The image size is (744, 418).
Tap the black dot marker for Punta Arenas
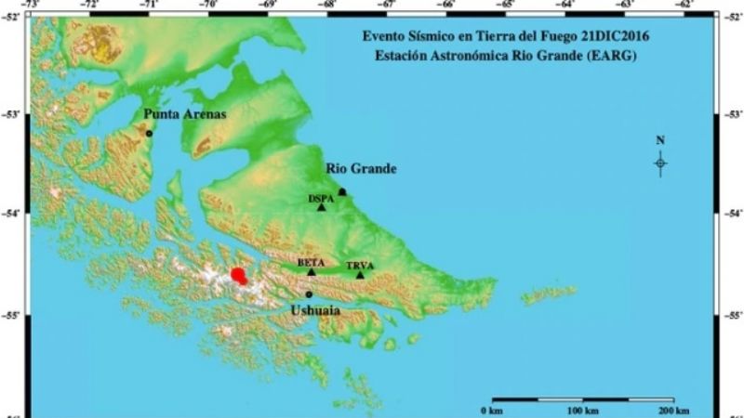coord(149,133)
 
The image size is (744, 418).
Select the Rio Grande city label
coord(362,168)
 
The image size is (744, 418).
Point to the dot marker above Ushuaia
coord(309,294)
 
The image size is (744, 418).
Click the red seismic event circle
coord(239,276)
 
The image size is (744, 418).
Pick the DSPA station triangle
coord(322,207)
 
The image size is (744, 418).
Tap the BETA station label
coord(311,263)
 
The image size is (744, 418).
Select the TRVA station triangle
coord(360,275)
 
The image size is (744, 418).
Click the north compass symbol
coord(660,163)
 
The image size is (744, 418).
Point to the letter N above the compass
coord(660,141)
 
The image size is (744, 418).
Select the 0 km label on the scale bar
coord(492,410)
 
